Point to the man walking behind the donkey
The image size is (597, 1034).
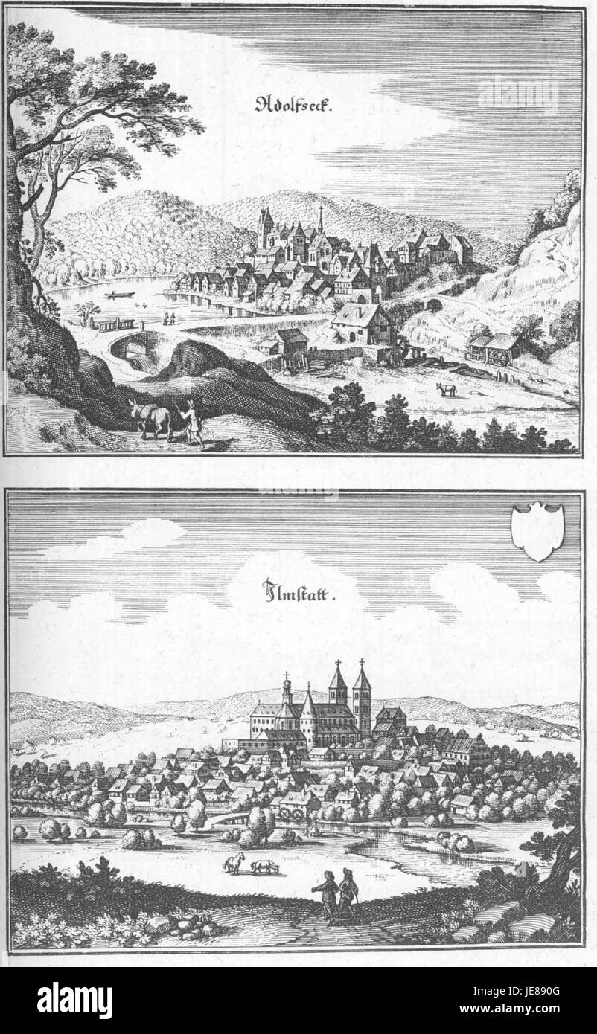[194, 422]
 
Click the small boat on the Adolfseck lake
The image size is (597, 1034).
[118, 296]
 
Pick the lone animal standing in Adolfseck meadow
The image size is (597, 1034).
[445, 389]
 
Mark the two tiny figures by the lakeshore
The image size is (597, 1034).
[169, 318]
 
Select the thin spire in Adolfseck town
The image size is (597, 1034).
[321, 219]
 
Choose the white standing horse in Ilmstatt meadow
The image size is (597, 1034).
[234, 864]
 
